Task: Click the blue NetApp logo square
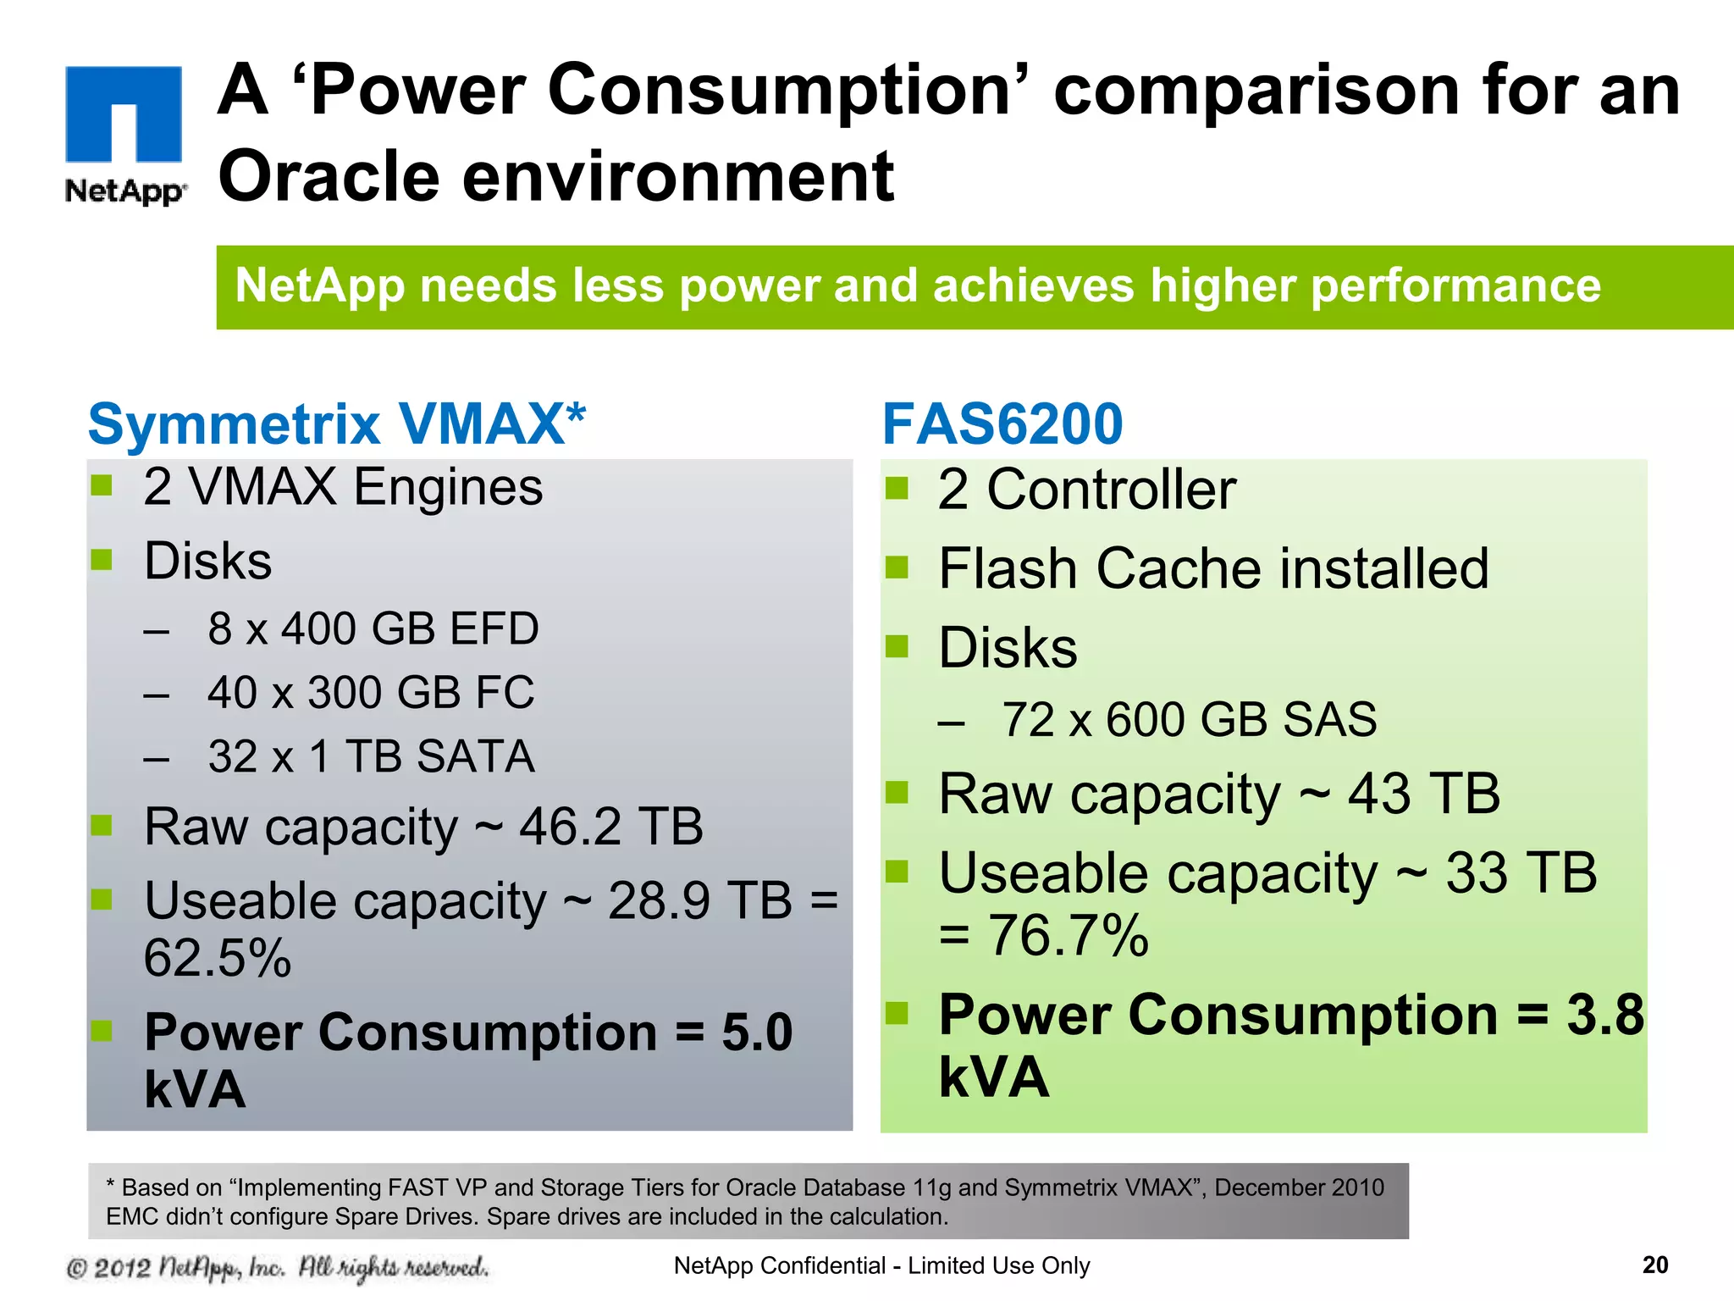[124, 113]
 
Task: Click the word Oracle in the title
[329, 176]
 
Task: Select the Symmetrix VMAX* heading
[337, 424]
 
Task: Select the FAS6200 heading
[1002, 424]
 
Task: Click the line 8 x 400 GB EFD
[373, 628]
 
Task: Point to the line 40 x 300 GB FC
[371, 692]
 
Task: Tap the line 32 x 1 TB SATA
[371, 756]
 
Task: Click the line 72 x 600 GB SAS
[1189, 720]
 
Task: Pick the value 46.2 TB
[610, 827]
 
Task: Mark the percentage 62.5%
[218, 958]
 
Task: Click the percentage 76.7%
[1069, 936]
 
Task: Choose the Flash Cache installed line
[1212, 568]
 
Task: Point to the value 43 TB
[1423, 794]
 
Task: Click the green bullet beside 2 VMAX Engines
[102, 485]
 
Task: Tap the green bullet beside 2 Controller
[896, 489]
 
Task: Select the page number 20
[1654, 1265]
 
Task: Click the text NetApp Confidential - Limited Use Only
[881, 1265]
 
